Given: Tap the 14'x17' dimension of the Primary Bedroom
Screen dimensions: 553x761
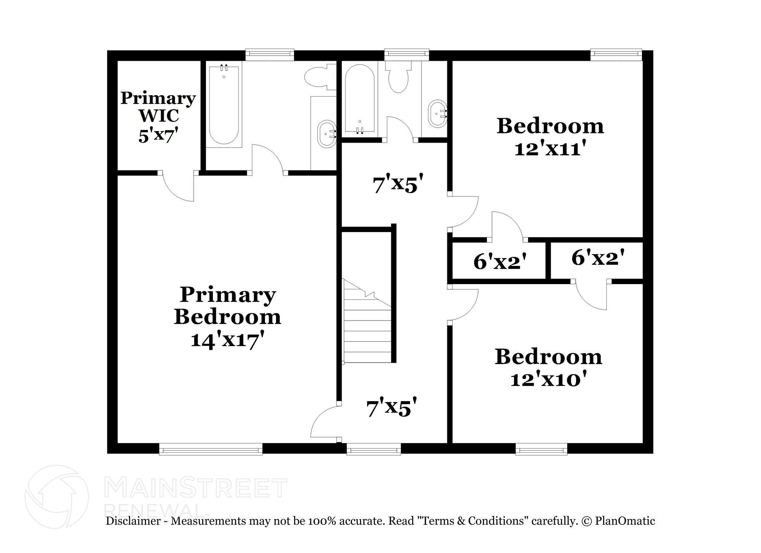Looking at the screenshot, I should click(228, 339).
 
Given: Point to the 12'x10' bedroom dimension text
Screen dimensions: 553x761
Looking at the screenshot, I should click(548, 379).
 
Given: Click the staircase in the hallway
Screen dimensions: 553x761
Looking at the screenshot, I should click(367, 321).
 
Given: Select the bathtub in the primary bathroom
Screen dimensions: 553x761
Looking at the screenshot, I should click(224, 105).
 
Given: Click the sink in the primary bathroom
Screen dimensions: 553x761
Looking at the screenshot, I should click(326, 134).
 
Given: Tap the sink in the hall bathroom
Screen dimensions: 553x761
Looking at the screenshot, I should click(437, 113).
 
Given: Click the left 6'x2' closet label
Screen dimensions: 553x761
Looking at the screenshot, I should click(500, 262).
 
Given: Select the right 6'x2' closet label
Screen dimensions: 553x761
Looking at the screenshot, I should click(598, 257).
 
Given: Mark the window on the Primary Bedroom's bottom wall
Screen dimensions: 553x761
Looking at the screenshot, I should click(211, 449).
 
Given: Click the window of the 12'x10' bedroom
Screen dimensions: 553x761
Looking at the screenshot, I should click(541, 449).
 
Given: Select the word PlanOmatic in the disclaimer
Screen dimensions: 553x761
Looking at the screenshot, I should click(625, 521).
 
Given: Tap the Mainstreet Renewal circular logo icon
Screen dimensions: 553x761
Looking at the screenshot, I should click(56, 497).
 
